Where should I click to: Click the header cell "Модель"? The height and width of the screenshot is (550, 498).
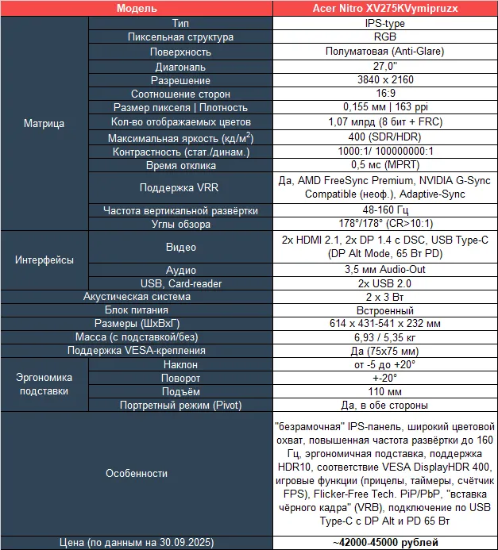[136, 9]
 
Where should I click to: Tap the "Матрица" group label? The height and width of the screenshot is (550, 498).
[40, 124]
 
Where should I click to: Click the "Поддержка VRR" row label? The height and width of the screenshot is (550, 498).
[180, 188]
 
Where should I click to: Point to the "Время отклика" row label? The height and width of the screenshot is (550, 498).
[180, 166]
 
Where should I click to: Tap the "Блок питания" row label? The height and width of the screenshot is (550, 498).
[136, 310]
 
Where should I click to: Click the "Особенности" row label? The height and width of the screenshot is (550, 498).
[136, 473]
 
